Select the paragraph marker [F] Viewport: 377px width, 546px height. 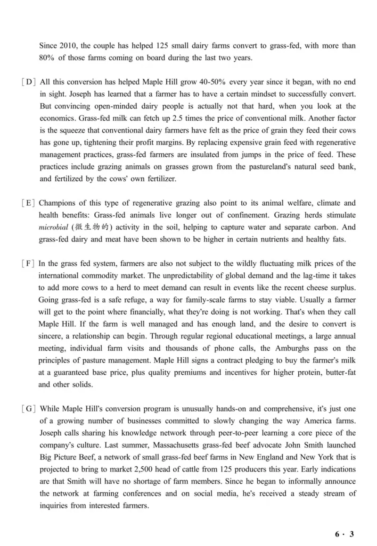pos(29,263)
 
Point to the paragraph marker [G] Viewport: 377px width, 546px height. pos(29,409)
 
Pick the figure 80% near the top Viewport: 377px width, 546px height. pos(48,58)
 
